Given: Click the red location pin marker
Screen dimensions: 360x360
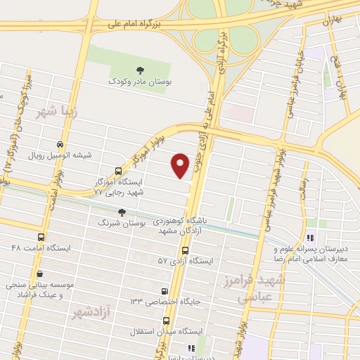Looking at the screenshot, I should (181, 164).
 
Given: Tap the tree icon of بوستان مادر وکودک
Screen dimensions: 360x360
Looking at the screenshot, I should (140, 69).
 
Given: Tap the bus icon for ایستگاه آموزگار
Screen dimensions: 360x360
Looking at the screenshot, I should (117, 171).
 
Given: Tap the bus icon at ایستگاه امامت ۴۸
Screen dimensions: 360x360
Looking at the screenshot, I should (41, 238).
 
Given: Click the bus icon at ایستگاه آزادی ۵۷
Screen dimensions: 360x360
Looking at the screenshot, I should (185, 250).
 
